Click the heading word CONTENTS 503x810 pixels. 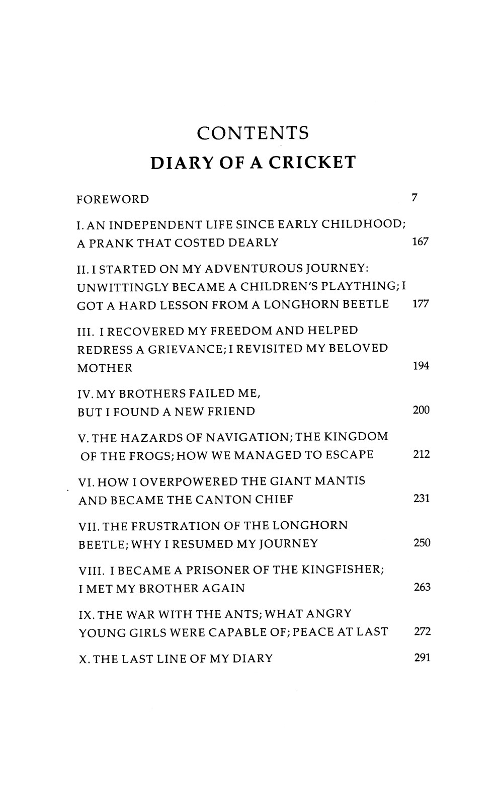(x=253, y=133)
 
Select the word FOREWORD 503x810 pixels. (x=113, y=200)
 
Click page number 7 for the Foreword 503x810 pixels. (x=414, y=198)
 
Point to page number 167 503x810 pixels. (x=420, y=242)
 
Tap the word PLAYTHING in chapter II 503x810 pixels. (x=360, y=286)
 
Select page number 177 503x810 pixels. (x=420, y=304)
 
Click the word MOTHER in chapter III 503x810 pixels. (x=105, y=368)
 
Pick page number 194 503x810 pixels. (x=421, y=366)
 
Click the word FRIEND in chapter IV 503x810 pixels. (x=231, y=412)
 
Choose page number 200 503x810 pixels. (x=421, y=411)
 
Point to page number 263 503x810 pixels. (x=422, y=587)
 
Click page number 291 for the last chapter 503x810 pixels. (x=422, y=658)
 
